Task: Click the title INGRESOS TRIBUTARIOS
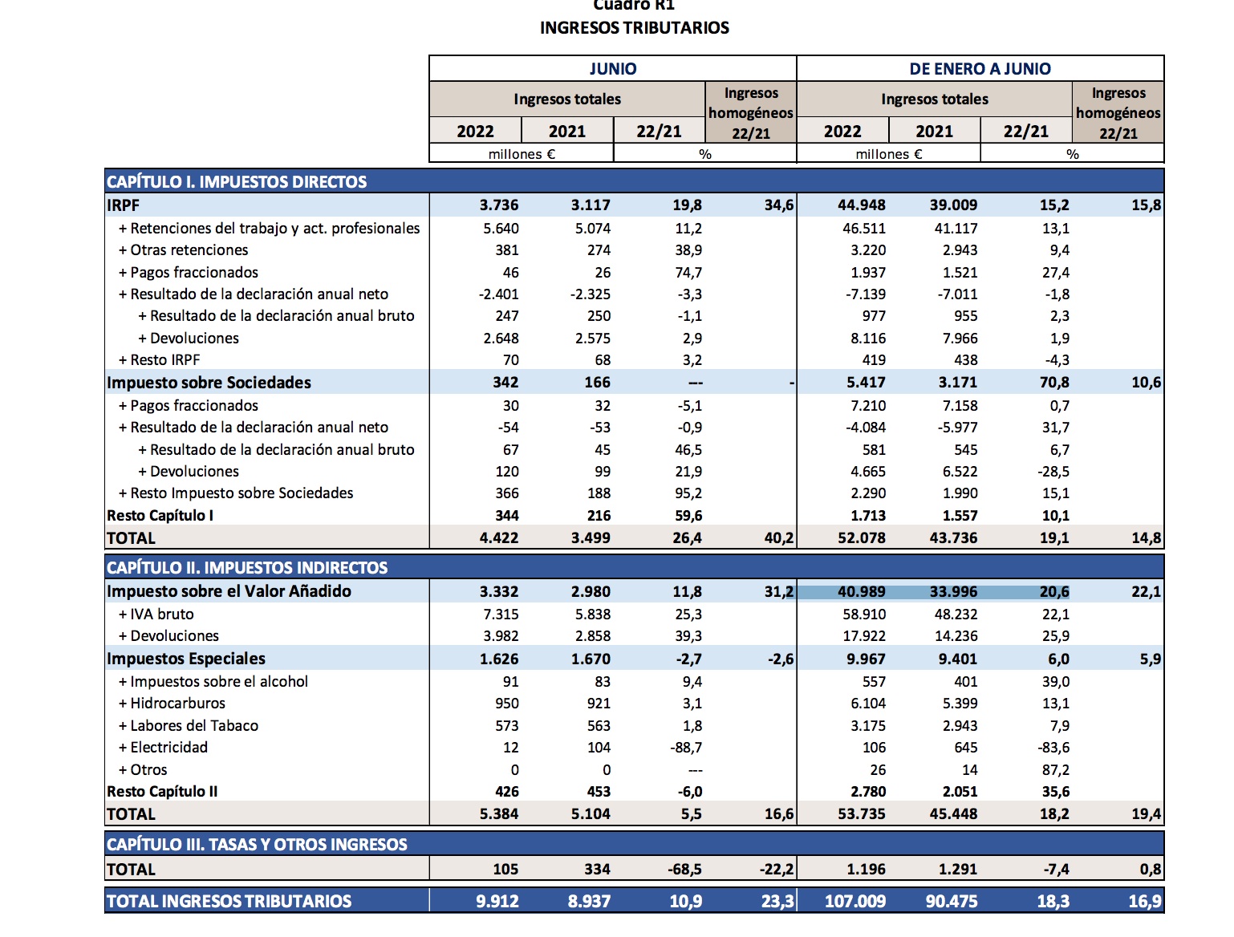(634, 28)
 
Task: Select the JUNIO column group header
(613, 69)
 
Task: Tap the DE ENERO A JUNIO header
(980, 69)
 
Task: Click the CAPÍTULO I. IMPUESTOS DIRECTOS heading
(237, 181)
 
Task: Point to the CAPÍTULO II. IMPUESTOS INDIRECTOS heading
(247, 568)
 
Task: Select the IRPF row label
(124, 205)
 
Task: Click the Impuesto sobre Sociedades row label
(209, 383)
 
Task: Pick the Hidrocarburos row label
(177, 704)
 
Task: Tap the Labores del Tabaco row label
(194, 726)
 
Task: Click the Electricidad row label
(168, 748)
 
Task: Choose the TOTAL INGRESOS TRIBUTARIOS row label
(229, 901)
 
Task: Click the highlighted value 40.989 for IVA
(862, 592)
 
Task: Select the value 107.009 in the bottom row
(855, 901)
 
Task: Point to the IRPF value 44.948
(862, 205)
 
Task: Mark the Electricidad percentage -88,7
(686, 748)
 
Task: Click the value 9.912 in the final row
(497, 901)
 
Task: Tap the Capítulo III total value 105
(505, 869)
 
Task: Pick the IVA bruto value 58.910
(864, 615)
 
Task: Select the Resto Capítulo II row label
(162, 792)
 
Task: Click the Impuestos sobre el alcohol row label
(219, 682)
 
